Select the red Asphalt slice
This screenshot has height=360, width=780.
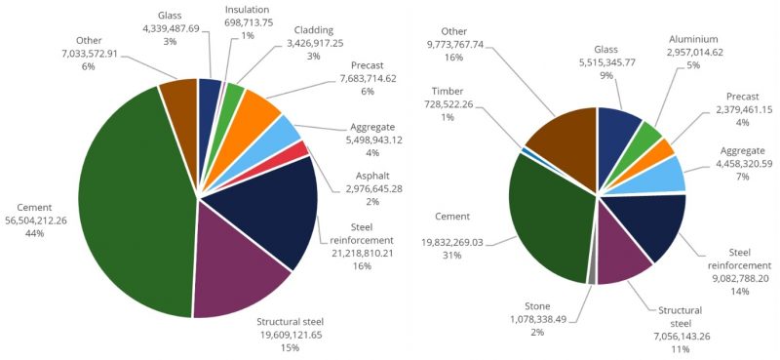[x=302, y=148]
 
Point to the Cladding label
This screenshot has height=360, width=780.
[x=315, y=29]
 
